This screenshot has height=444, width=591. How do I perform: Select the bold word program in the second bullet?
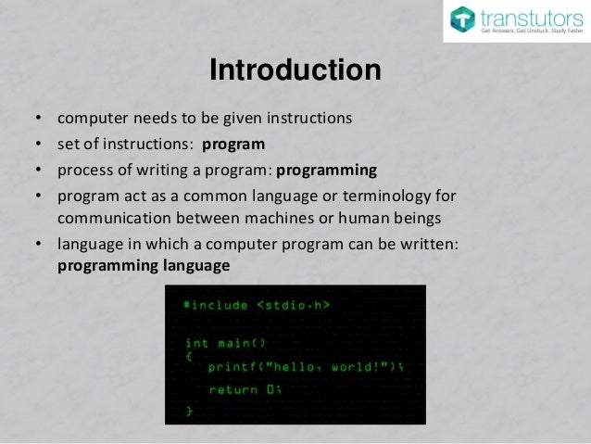tap(233, 145)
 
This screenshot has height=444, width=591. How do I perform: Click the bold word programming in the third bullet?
tap(327, 171)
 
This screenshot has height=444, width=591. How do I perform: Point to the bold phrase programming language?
tap(143, 265)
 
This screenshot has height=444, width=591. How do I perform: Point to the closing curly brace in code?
tap(189, 409)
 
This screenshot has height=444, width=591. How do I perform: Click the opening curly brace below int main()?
tap(189, 354)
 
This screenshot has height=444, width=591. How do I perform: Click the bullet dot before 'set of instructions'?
tap(38, 146)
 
